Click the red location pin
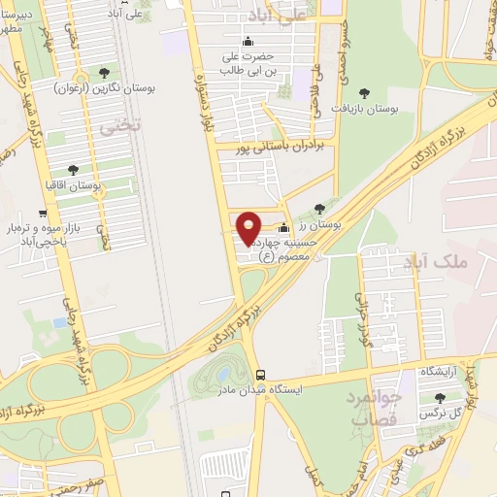(x=248, y=228)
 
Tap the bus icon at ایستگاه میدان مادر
(x=259, y=376)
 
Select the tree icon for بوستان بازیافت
(x=364, y=93)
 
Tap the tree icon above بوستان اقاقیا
(x=73, y=170)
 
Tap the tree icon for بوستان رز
(x=320, y=208)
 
